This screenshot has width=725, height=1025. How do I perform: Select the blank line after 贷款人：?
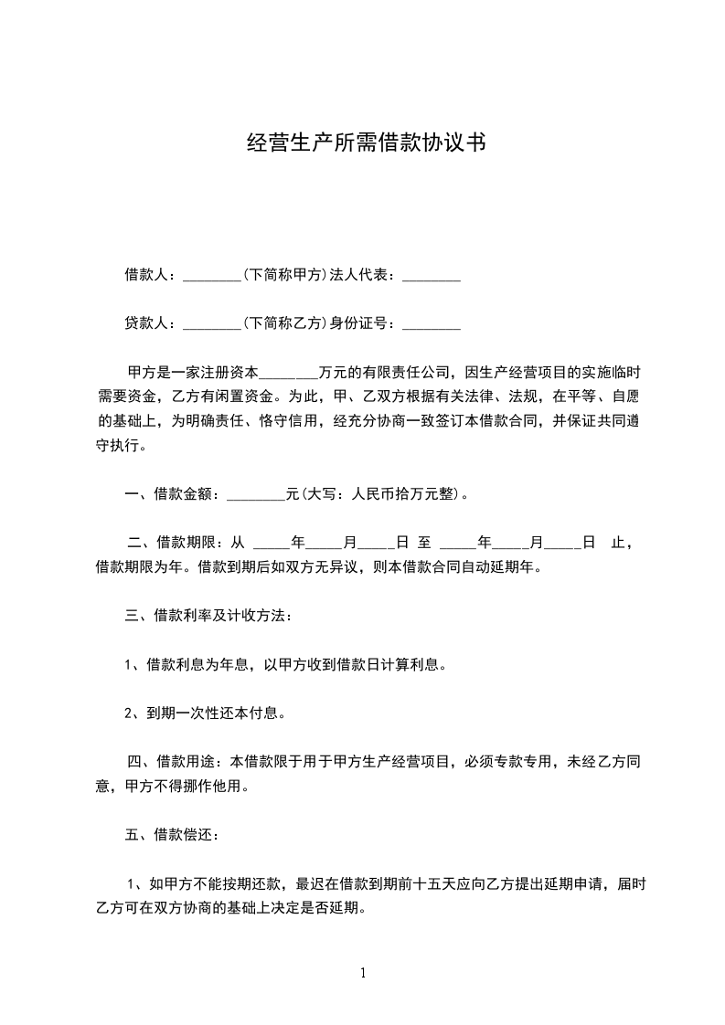coord(211,325)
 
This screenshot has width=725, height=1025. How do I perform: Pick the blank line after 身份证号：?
coord(431,325)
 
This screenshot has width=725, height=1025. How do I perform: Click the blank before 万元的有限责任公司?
coord(290,375)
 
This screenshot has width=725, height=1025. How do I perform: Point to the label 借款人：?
coord(153,275)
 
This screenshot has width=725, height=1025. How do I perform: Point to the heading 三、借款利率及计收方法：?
coord(208,616)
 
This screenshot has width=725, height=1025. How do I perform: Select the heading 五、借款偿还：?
coord(171,834)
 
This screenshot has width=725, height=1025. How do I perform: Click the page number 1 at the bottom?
coord(363,973)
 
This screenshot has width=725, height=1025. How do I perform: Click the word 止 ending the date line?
coord(617,543)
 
